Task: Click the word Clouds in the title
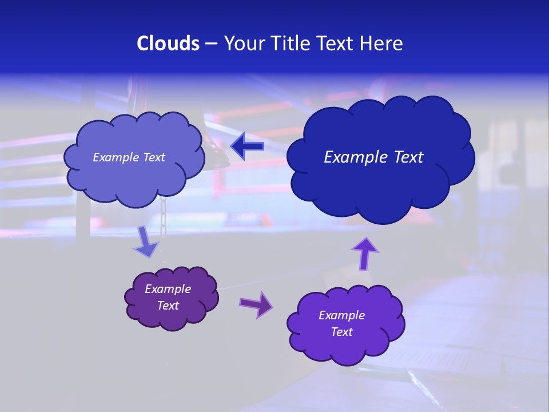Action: click(x=168, y=43)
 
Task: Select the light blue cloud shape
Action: click(x=134, y=180)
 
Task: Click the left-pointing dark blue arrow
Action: click(x=247, y=146)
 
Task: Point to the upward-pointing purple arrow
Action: click(x=365, y=253)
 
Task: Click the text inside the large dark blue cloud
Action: click(x=373, y=157)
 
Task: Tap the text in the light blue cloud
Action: click(x=129, y=157)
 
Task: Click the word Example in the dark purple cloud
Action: click(x=168, y=289)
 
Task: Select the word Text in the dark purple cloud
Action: click(x=168, y=306)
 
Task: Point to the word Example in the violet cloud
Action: click(x=341, y=315)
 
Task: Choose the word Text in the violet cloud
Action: click(x=341, y=332)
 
